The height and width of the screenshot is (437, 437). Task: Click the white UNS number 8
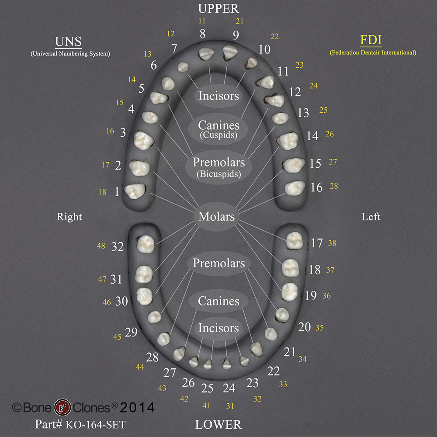[x=202, y=34]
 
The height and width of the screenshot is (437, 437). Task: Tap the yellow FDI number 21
[x=239, y=21]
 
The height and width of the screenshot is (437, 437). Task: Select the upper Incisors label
[x=218, y=95]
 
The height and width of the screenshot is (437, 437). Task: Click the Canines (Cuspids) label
[x=218, y=128]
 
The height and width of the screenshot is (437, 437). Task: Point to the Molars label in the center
[x=217, y=216]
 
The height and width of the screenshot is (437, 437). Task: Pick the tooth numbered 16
[x=295, y=187]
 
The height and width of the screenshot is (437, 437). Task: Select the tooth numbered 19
[x=289, y=291]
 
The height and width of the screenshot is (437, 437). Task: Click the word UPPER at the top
[x=218, y=8]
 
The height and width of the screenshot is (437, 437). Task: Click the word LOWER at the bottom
[x=218, y=424]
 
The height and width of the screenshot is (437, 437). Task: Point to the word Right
[x=69, y=217]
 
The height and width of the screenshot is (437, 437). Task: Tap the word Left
[x=371, y=216]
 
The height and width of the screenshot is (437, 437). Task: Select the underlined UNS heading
[x=68, y=42]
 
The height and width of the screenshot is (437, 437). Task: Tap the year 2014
[x=137, y=407]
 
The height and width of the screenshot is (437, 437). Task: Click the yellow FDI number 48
[x=101, y=246]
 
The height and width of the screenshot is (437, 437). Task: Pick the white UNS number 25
[x=207, y=387]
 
